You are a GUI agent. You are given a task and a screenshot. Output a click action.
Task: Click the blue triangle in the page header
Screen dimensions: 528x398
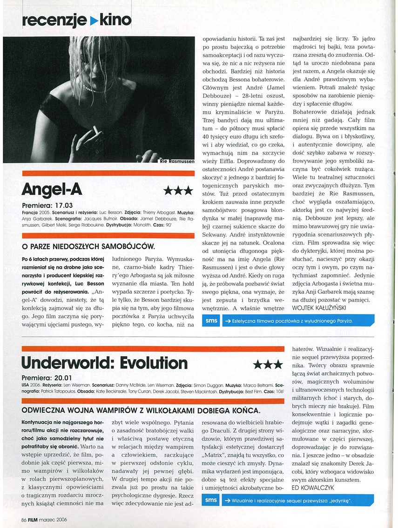point(93,20)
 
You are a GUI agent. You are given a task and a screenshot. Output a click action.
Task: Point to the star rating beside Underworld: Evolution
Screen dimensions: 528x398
point(267,365)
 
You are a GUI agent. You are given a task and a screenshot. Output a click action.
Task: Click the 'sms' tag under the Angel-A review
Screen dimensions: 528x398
point(211,321)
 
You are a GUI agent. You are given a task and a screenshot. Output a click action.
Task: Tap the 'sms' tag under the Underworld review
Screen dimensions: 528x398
point(211,500)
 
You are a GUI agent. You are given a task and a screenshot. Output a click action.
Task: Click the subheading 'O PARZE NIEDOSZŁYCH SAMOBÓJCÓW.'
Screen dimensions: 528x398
point(88,246)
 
